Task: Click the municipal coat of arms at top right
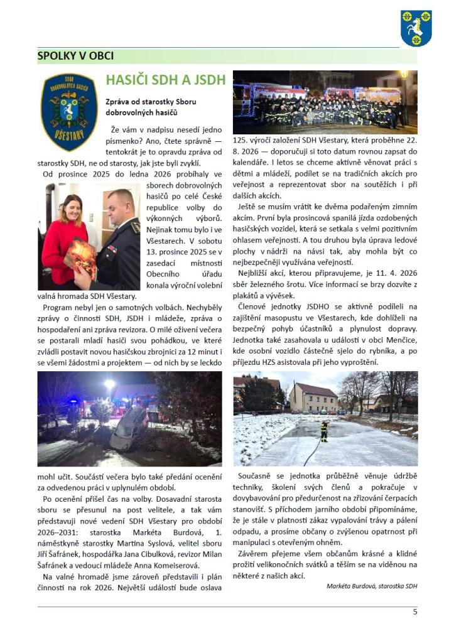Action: (416, 28)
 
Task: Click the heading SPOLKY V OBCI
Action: (75, 56)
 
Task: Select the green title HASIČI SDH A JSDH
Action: (165, 80)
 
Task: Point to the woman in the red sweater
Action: (65, 235)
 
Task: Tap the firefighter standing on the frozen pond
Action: (325, 431)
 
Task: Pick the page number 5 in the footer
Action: (414, 612)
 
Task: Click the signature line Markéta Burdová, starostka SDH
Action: (372, 586)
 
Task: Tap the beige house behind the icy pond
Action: (313, 397)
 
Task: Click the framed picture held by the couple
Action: (80, 257)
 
